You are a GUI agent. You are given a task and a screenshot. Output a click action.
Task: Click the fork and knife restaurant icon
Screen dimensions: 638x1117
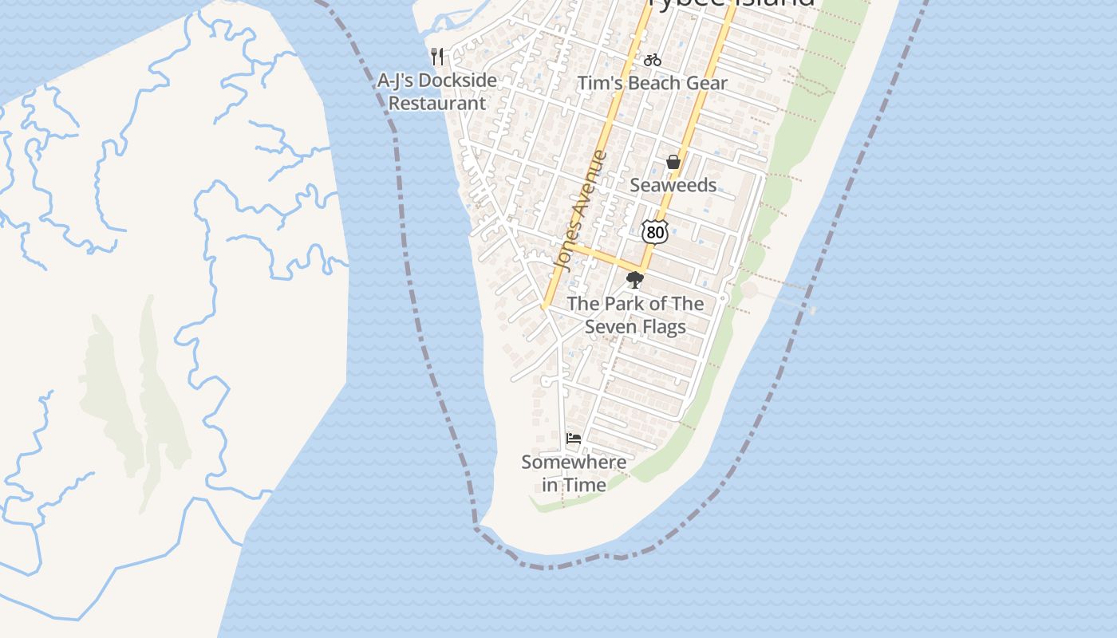pos(436,56)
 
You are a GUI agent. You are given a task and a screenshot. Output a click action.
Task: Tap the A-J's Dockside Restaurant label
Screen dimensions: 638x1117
pos(436,92)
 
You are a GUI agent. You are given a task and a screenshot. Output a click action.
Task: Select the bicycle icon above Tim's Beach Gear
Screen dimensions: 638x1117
pos(653,60)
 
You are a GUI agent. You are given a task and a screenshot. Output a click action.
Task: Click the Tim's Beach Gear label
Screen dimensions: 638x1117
pos(653,83)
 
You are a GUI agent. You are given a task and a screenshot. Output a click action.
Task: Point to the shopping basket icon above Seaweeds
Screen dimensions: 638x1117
pos(673,162)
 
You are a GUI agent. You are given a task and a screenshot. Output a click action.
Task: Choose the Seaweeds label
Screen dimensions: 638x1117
pos(673,185)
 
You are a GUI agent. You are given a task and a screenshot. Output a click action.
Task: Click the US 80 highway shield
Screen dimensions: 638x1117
pos(654,231)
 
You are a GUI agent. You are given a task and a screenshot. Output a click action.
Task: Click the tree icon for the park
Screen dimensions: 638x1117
pos(635,280)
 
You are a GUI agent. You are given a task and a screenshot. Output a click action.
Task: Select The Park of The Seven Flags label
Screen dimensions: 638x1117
pos(635,315)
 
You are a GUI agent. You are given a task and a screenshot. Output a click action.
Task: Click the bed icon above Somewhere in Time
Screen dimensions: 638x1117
pos(574,438)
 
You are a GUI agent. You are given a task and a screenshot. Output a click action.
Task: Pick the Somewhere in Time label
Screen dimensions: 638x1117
pos(574,473)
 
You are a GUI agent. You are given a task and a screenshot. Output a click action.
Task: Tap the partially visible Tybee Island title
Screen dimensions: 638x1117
pos(732,3)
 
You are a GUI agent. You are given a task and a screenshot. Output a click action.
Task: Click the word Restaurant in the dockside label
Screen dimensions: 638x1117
pos(436,103)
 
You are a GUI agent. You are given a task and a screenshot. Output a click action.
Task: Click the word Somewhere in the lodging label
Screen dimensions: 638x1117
pos(574,462)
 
